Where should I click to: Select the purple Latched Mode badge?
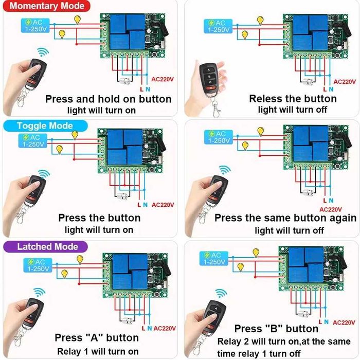click(47, 246)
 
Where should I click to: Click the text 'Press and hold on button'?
click(109, 99)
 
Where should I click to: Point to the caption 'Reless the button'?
click(293, 98)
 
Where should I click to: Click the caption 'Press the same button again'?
click(285, 218)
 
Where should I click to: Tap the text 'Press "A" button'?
click(97, 338)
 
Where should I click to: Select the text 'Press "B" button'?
click(276, 329)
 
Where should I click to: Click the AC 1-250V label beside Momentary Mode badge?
click(35, 26)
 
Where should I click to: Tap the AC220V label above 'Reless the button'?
click(345, 82)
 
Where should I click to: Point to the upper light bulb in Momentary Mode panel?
click(78, 20)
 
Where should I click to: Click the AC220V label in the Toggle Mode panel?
click(164, 204)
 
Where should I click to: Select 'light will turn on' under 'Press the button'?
click(99, 230)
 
